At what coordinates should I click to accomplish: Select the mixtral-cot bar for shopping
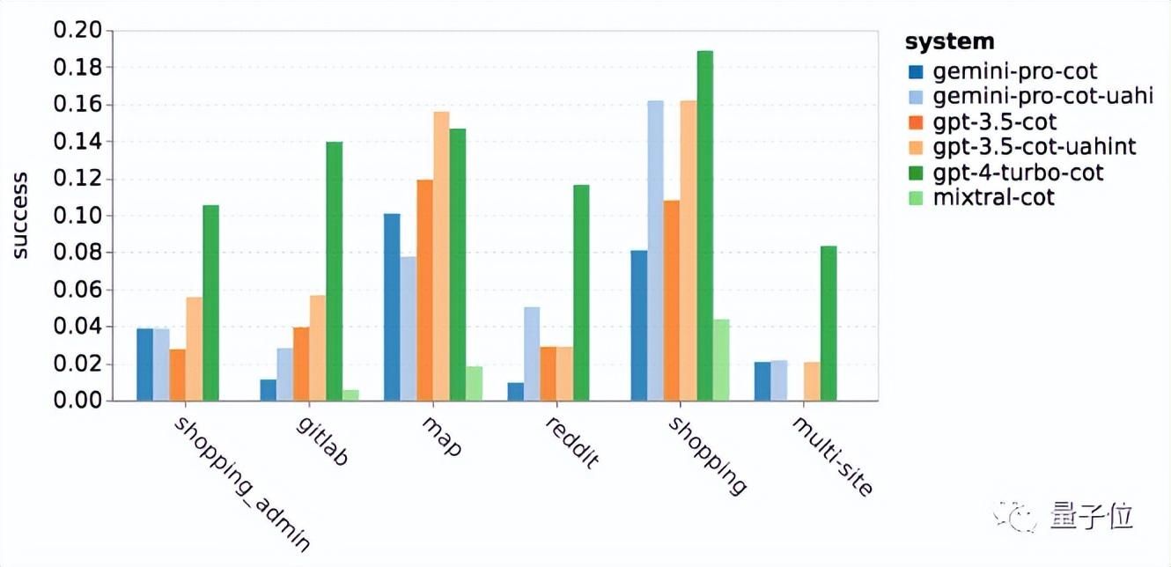pyautogui.click(x=721, y=360)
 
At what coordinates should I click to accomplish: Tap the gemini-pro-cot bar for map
pyautogui.click(x=392, y=307)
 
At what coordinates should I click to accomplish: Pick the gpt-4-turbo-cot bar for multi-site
pyautogui.click(x=829, y=324)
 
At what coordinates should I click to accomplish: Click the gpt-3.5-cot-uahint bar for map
pyautogui.click(x=441, y=256)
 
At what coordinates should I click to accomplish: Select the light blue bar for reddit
pyautogui.click(x=532, y=354)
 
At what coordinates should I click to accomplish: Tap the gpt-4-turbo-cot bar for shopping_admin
pyautogui.click(x=210, y=303)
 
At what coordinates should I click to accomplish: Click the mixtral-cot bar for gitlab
pyautogui.click(x=350, y=395)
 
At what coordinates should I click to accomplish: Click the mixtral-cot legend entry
pyautogui.click(x=994, y=197)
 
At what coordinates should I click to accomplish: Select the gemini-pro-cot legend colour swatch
pyautogui.click(x=917, y=71)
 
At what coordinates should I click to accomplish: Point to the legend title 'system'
pyautogui.click(x=949, y=41)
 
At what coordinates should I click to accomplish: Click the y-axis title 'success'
pyautogui.click(x=19, y=216)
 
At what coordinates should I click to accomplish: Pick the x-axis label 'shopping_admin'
pyautogui.click(x=241, y=483)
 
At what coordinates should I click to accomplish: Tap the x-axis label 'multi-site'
pyautogui.click(x=832, y=455)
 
